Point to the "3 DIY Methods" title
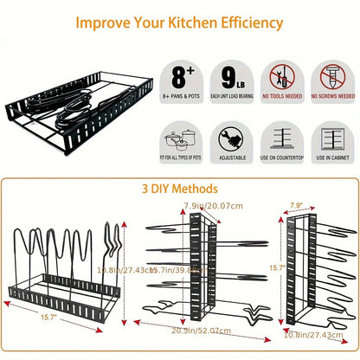point(180,188)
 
